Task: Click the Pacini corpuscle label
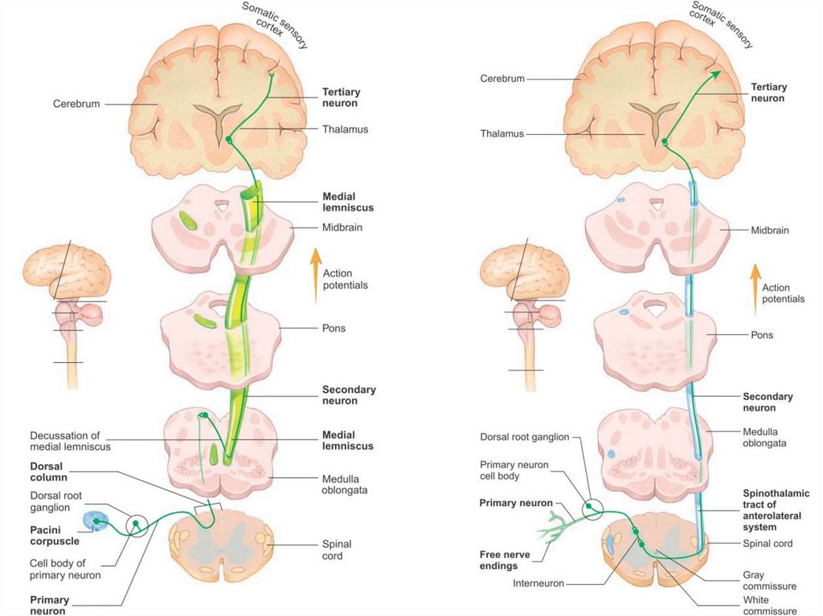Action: click(x=55, y=536)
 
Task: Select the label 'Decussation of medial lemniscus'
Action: click(x=70, y=440)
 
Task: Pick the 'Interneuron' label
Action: click(x=538, y=584)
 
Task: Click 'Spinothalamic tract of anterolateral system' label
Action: click(x=776, y=510)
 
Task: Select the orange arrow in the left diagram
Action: click(x=314, y=275)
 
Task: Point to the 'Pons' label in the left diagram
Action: click(x=334, y=328)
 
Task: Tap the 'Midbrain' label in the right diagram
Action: click(x=771, y=230)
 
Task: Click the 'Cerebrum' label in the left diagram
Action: click(x=76, y=104)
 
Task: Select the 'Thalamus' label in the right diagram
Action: click(x=502, y=134)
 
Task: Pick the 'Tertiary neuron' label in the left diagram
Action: click(x=341, y=97)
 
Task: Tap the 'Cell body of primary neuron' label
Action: click(x=65, y=569)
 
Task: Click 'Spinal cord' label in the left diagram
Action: click(x=337, y=550)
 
